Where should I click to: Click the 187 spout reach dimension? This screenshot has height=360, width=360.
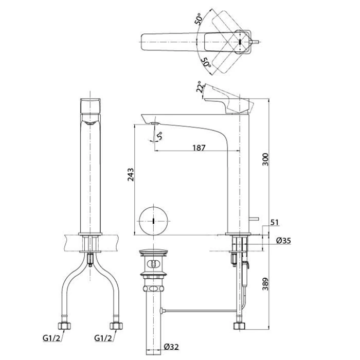coord(199,148)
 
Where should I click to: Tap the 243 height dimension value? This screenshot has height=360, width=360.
coord(131,175)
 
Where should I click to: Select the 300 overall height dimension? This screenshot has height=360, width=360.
coord(265,159)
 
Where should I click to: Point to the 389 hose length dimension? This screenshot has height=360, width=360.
coord(265,284)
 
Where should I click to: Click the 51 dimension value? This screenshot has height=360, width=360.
coord(274,222)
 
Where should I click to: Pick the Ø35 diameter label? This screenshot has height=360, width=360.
coord(283,240)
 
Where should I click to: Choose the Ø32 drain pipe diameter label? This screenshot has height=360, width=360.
coord(171,347)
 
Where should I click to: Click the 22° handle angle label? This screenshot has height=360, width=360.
coord(200,87)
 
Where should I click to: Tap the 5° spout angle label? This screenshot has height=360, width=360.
coord(159,136)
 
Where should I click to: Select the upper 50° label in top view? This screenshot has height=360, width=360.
coord(199,19)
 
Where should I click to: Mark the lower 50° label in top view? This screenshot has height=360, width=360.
coord(206,62)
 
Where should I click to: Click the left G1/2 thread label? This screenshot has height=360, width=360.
coord(52,338)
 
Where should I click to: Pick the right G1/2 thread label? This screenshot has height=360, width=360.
coord(103,338)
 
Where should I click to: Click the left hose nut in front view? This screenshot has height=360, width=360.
coord(64,326)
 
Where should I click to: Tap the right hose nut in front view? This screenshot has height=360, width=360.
coord(116,326)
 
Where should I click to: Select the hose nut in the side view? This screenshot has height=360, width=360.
coord(240,326)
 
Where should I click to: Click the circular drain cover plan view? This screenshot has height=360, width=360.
coord(153,221)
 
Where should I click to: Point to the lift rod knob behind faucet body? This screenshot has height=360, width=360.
coord(254,219)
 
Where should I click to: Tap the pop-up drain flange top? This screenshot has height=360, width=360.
coord(153,252)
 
